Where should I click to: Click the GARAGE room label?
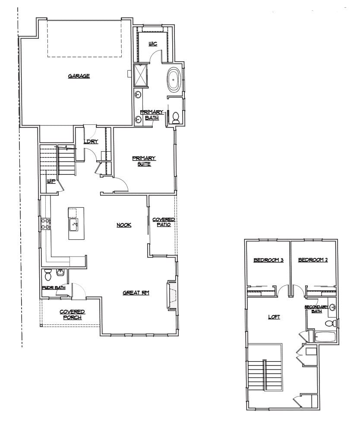click(x=79, y=76)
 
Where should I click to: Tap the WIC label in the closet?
click(x=153, y=44)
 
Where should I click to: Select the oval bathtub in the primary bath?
click(x=174, y=79)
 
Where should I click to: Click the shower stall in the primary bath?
click(x=141, y=75)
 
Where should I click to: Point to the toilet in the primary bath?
click(x=176, y=118)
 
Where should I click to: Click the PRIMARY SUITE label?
click(x=144, y=161)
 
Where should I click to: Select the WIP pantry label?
click(x=51, y=181)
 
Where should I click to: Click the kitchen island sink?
click(x=73, y=224)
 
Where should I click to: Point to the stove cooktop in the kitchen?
click(x=45, y=223)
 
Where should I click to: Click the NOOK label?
click(x=124, y=225)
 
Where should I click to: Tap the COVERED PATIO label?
click(x=164, y=222)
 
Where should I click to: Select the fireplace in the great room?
click(x=172, y=295)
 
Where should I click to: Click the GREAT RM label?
click(x=136, y=292)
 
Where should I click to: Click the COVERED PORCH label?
click(x=72, y=314)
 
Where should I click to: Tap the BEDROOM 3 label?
click(x=268, y=260)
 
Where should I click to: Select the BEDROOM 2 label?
click(x=313, y=260)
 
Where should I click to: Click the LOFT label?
click(x=274, y=317)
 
